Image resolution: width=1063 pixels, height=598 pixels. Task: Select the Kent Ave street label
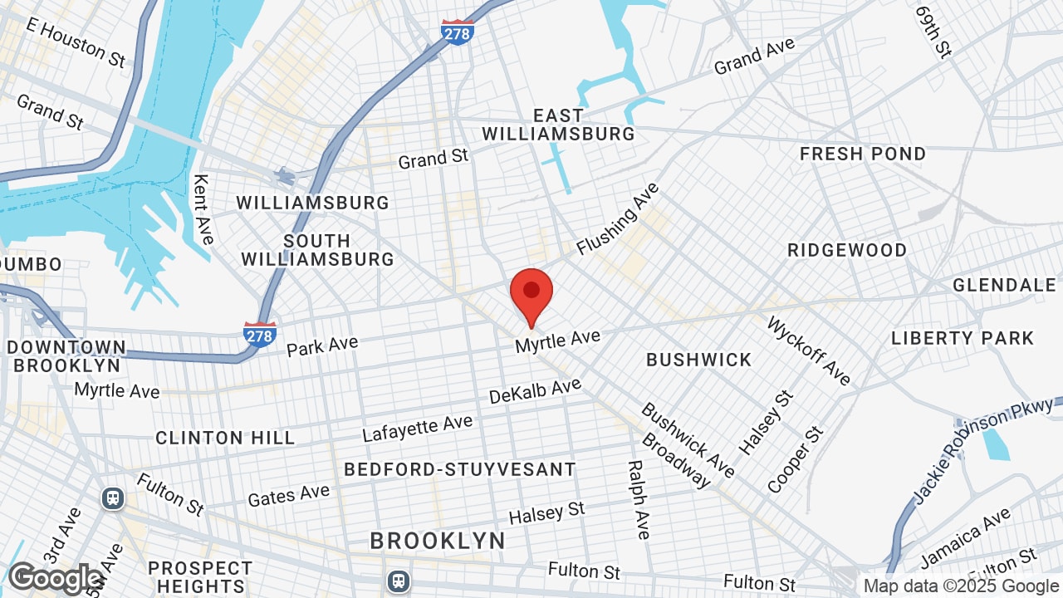point(203,208)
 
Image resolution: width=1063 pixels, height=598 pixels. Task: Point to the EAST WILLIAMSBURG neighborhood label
point(558,125)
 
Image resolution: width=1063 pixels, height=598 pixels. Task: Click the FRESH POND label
point(863,154)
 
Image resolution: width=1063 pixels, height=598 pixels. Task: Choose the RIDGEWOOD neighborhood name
point(847,250)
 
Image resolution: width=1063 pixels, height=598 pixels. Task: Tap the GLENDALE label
point(1004,285)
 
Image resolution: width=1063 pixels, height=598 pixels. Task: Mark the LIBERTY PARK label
point(963,338)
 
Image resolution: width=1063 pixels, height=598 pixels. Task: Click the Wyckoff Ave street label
point(809,350)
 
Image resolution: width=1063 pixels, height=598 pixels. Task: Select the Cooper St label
point(796,459)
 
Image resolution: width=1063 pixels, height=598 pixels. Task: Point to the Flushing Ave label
point(618,218)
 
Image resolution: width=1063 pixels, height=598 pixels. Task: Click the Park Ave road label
point(322,346)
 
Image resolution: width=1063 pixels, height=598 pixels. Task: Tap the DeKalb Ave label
point(535,390)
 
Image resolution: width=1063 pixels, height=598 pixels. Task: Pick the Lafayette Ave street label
point(417,429)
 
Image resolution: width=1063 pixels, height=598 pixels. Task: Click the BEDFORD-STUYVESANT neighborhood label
point(460,469)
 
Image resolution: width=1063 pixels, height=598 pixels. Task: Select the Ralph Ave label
point(637,500)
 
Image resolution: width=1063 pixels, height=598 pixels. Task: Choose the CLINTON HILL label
point(225,438)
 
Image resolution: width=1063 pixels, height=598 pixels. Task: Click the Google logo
point(55,578)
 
